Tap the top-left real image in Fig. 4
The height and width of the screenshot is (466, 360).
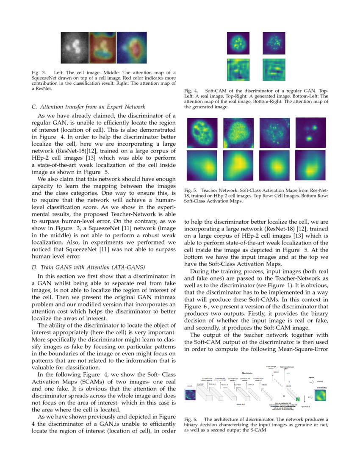pyautogui.click(x=239, y=43)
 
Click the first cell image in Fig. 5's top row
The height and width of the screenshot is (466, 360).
pyautogui.click(x=202, y=133)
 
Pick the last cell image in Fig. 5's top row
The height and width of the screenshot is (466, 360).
pyautogui.click(x=310, y=133)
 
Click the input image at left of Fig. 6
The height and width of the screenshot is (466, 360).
pyautogui.click(x=190, y=395)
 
